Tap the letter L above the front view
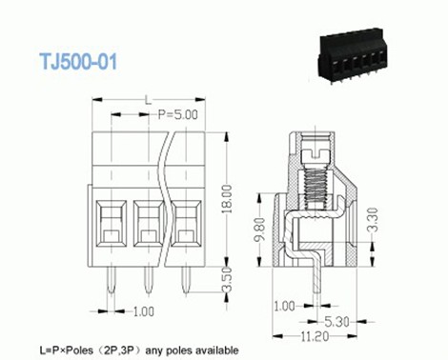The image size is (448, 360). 147,98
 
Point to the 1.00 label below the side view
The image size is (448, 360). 284,307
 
